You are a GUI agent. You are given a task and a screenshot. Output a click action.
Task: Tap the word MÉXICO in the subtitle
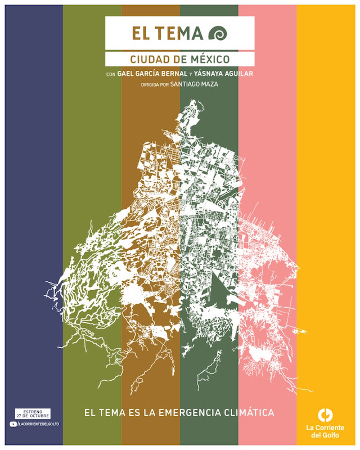210,59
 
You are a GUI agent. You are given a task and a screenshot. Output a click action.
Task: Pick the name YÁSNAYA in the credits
213,74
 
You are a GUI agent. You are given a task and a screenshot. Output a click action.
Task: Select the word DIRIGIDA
152,85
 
